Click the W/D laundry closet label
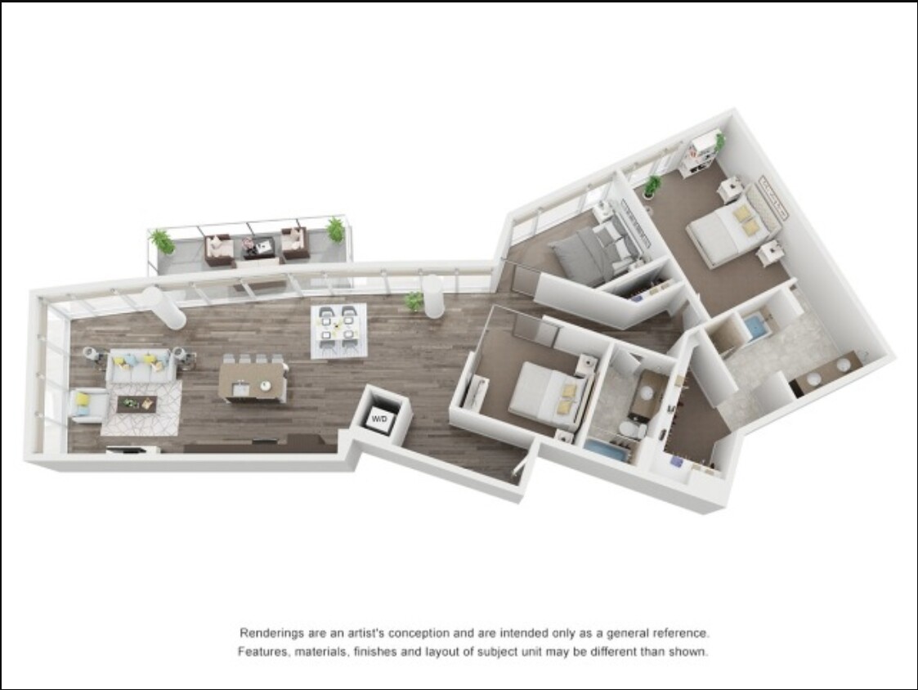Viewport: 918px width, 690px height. tap(379, 419)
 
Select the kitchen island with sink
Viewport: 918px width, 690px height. tap(253, 381)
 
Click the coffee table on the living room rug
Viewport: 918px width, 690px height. tap(137, 403)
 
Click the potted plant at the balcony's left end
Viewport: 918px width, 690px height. tap(162, 242)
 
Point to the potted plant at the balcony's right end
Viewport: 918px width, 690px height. tap(335, 229)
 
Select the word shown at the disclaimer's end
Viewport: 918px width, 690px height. tap(690, 652)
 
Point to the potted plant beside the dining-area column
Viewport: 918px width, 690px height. tap(414, 302)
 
